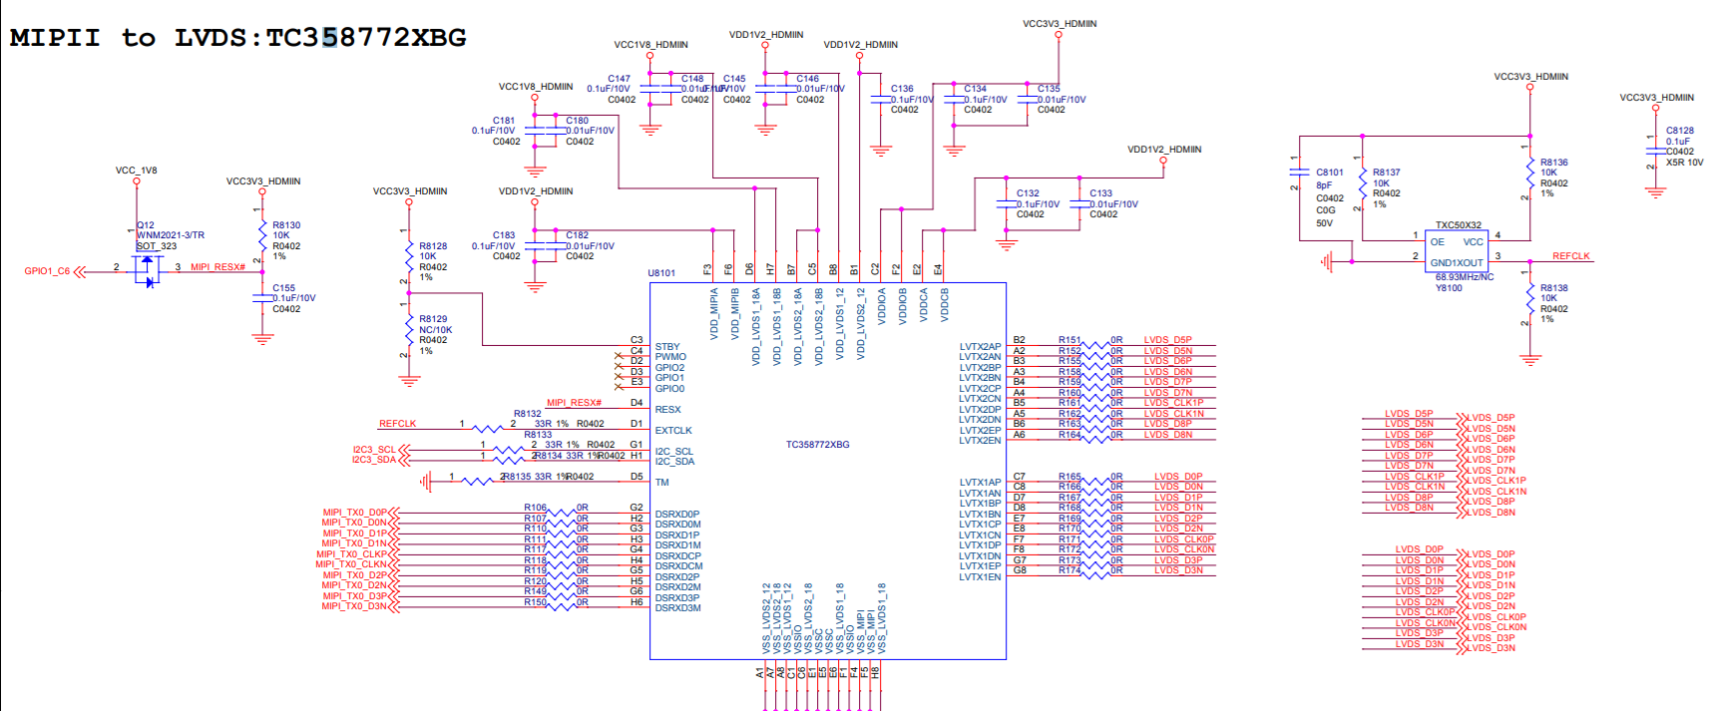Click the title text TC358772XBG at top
pyautogui.click(x=365, y=38)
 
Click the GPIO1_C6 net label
pyautogui.click(x=47, y=271)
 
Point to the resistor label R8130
pyautogui.click(x=286, y=225)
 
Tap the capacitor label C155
pyautogui.click(x=283, y=287)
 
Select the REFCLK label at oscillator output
pyautogui.click(x=1570, y=256)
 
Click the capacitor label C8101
pyautogui.click(x=1329, y=173)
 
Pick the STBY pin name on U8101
pyautogui.click(x=666, y=347)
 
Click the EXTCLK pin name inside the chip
pyautogui.click(x=672, y=431)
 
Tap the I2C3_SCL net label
pyautogui.click(x=373, y=450)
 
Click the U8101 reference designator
pyautogui.click(x=660, y=272)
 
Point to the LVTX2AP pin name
pyautogui.click(x=980, y=347)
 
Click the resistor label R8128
pyautogui.click(x=433, y=246)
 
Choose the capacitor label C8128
pyautogui.click(x=1679, y=131)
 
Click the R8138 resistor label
pyautogui.click(x=1553, y=288)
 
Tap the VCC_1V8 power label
pyautogui.click(x=136, y=171)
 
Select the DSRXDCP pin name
pyautogui.click(x=677, y=556)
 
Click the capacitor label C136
pyautogui.click(x=902, y=89)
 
